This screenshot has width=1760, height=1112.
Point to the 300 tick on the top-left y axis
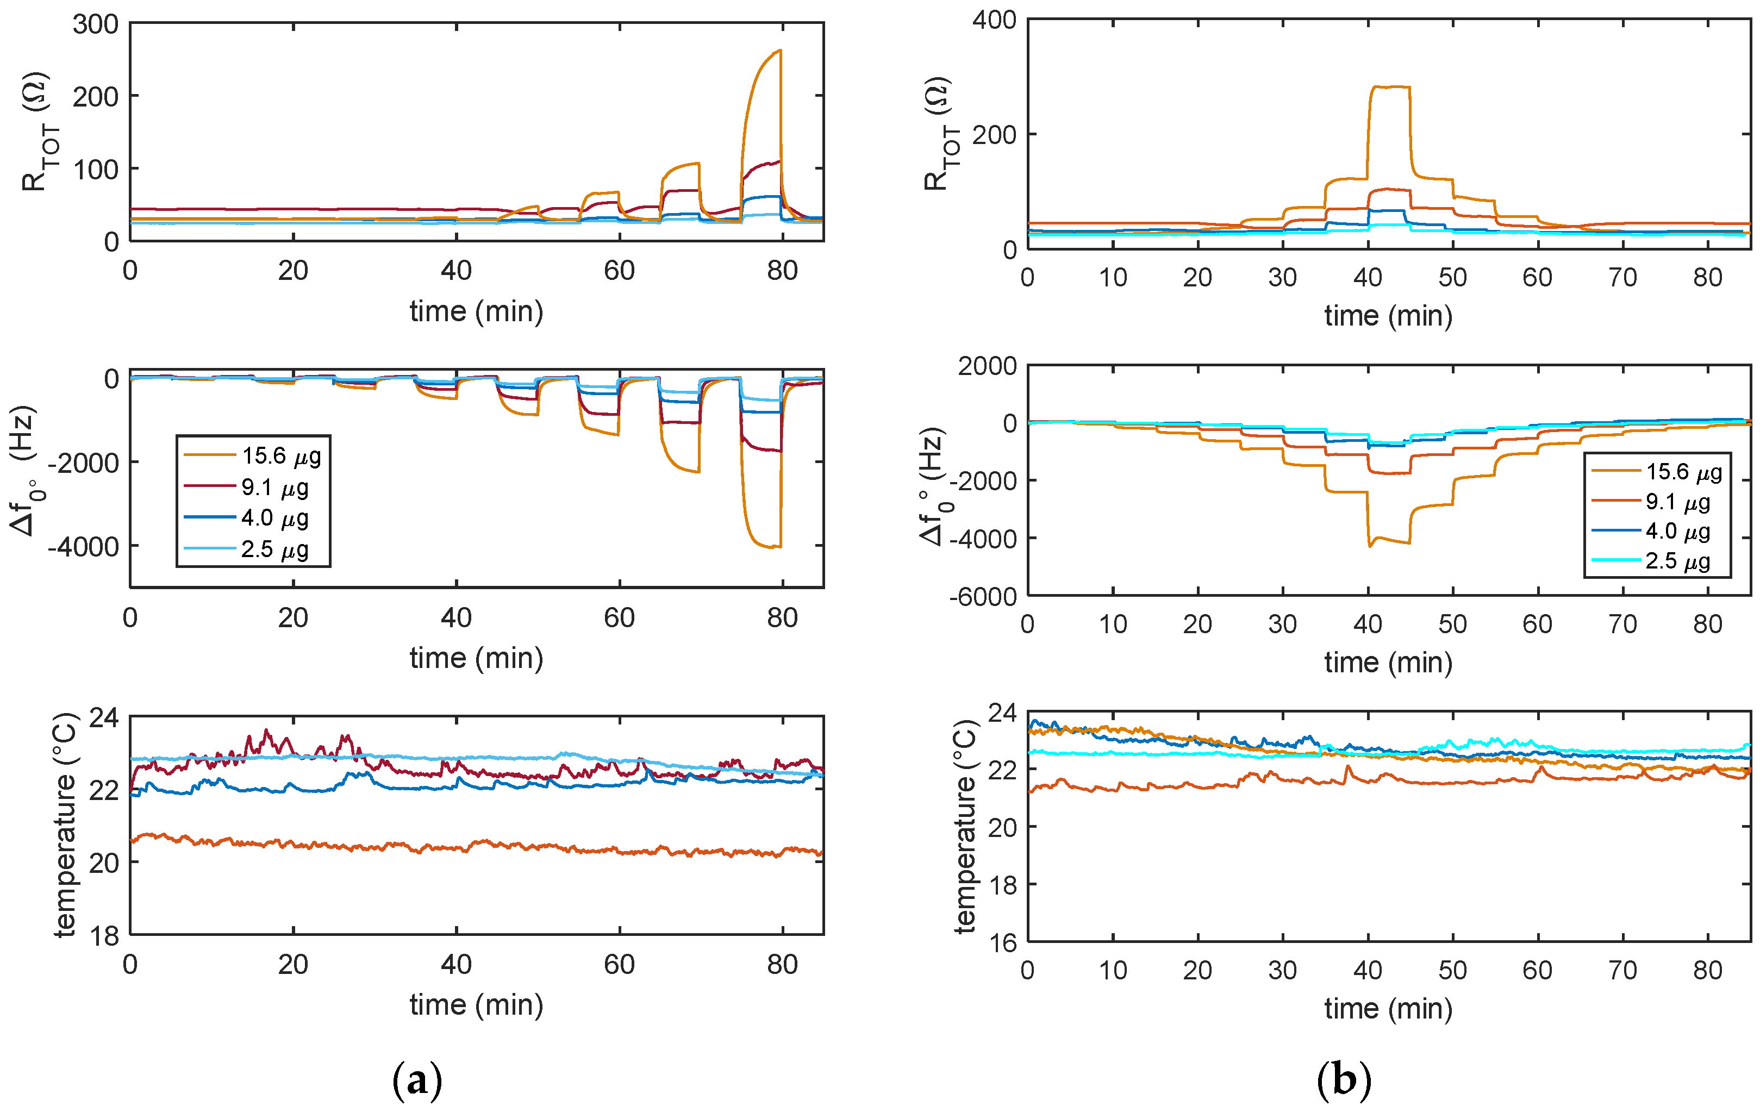click(x=96, y=24)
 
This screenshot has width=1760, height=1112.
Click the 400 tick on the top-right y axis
click(x=994, y=20)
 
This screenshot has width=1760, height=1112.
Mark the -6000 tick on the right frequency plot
click(x=983, y=597)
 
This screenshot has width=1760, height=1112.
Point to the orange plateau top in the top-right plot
click(x=1389, y=87)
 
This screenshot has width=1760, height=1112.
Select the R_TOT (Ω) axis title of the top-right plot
click(x=937, y=134)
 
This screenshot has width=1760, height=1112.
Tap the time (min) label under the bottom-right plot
click(x=1388, y=1009)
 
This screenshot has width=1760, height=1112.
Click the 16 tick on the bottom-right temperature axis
click(x=1002, y=943)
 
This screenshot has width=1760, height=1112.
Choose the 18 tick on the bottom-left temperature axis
click(x=104, y=936)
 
